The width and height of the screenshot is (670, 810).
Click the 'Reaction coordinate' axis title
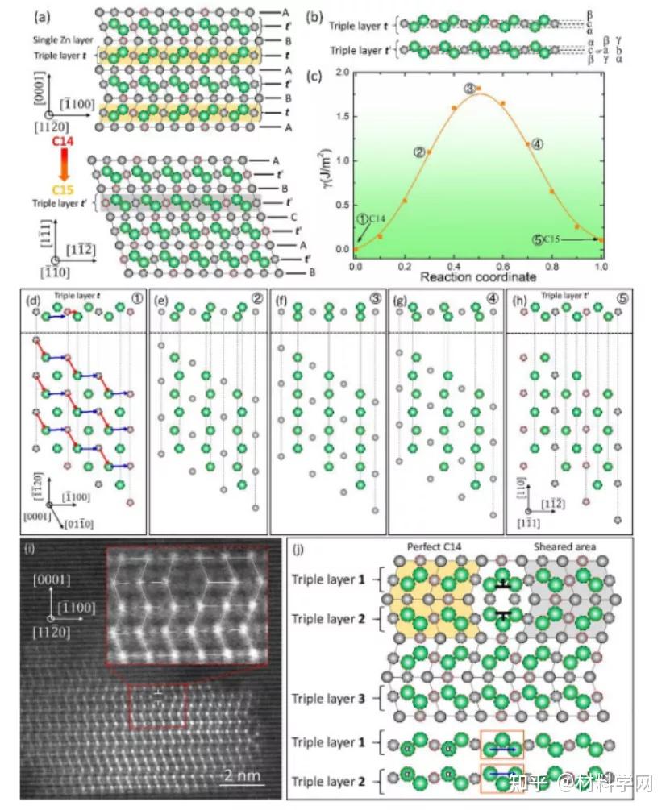[478, 277]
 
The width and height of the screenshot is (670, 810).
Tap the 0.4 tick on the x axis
[454, 266]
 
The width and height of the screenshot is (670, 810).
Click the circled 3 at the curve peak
[468, 88]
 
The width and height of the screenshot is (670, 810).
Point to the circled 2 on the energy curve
[418, 151]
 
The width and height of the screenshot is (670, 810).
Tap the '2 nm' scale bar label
[239, 777]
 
